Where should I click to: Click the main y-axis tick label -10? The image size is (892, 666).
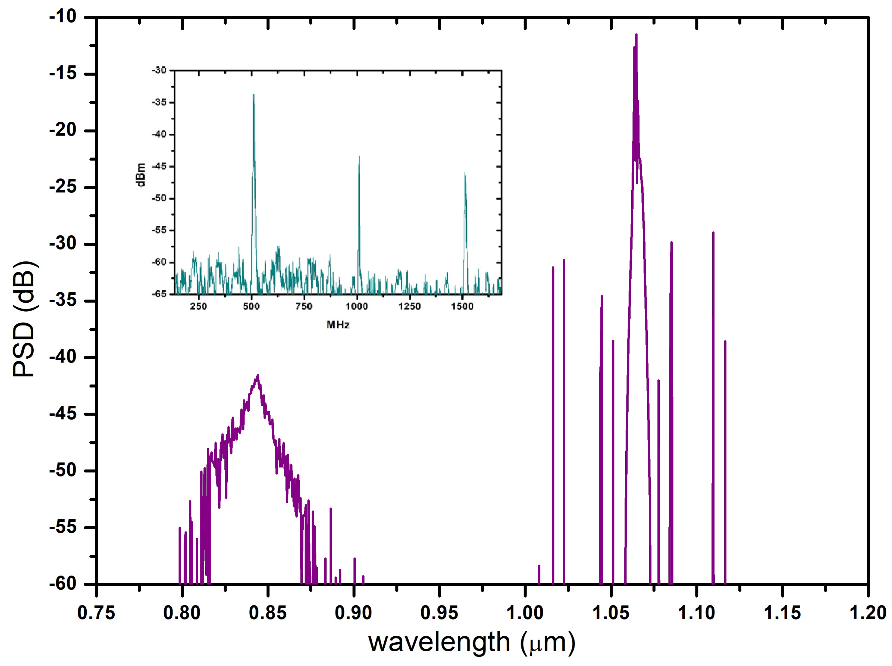click(x=62, y=17)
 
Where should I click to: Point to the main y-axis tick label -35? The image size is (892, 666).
click(x=62, y=301)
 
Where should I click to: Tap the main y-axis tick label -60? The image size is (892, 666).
click(x=62, y=584)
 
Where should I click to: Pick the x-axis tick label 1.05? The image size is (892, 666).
click(x=611, y=613)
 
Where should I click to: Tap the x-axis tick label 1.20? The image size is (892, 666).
click(x=867, y=613)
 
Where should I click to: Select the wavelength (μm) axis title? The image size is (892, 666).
click(x=472, y=643)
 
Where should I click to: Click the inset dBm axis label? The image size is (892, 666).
click(x=141, y=175)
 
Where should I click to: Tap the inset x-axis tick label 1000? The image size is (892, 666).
click(x=356, y=306)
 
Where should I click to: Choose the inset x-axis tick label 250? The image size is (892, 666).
click(x=198, y=306)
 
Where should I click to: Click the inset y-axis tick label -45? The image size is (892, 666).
click(x=159, y=166)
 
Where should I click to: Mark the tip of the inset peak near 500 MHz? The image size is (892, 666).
click(x=254, y=95)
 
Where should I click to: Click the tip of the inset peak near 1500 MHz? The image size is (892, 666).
click(x=465, y=173)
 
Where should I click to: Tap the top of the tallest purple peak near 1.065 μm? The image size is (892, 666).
click(x=636, y=35)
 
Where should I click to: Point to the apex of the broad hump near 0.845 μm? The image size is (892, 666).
click(x=258, y=375)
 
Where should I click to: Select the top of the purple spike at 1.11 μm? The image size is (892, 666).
click(x=713, y=233)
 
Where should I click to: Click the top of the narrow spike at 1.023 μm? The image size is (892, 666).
click(x=564, y=260)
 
